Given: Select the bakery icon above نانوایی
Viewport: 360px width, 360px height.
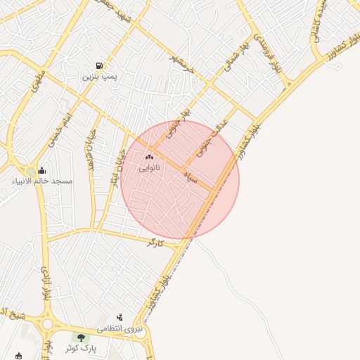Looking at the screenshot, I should (149, 156).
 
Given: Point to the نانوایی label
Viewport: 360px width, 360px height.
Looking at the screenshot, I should (149, 168).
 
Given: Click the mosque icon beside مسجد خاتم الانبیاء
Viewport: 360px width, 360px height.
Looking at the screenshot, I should (42, 170).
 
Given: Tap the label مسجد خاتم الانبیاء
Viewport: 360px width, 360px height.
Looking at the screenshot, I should (42, 181).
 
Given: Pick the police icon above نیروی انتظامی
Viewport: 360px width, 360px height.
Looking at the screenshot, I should (120, 317).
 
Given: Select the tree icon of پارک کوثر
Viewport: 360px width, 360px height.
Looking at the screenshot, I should (82, 337).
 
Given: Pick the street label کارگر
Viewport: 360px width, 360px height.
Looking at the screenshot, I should (155, 243).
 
